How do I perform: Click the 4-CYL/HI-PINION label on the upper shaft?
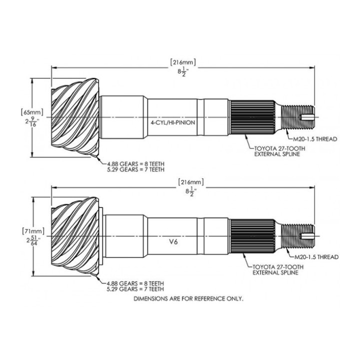(x=173, y=122)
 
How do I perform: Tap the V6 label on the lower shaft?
(x=173, y=242)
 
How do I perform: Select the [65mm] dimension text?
(x=31, y=112)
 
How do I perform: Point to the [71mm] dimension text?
(x=33, y=231)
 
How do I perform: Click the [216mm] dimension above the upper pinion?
(x=183, y=62)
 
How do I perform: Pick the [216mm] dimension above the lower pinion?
(x=191, y=182)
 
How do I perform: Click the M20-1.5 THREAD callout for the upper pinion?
(x=315, y=139)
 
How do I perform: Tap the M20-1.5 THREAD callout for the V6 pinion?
(x=316, y=257)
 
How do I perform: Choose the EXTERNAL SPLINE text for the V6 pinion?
(x=275, y=272)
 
